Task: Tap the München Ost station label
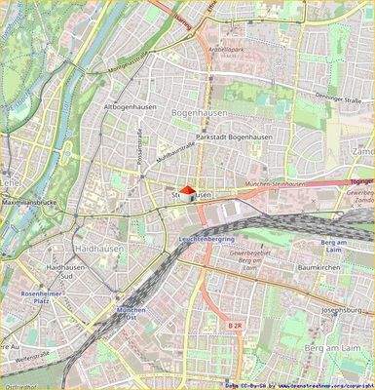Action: click(x=131, y=315)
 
